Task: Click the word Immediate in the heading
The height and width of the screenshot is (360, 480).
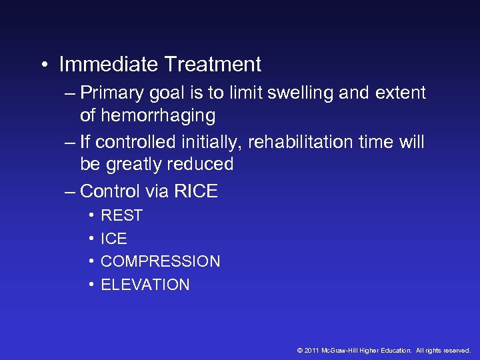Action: (109, 65)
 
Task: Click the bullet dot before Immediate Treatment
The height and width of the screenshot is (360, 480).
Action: (42, 65)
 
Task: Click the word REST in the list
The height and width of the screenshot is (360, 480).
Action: (121, 215)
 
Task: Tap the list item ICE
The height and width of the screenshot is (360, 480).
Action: (113, 239)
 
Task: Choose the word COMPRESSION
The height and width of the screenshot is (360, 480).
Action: (160, 261)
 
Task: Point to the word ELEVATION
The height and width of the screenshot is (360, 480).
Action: (145, 285)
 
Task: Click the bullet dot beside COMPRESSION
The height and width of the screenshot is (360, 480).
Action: (90, 261)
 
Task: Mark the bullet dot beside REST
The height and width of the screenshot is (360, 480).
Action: (90, 215)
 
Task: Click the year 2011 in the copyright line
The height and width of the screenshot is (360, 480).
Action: (311, 350)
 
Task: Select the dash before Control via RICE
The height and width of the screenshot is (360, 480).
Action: (70, 191)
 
